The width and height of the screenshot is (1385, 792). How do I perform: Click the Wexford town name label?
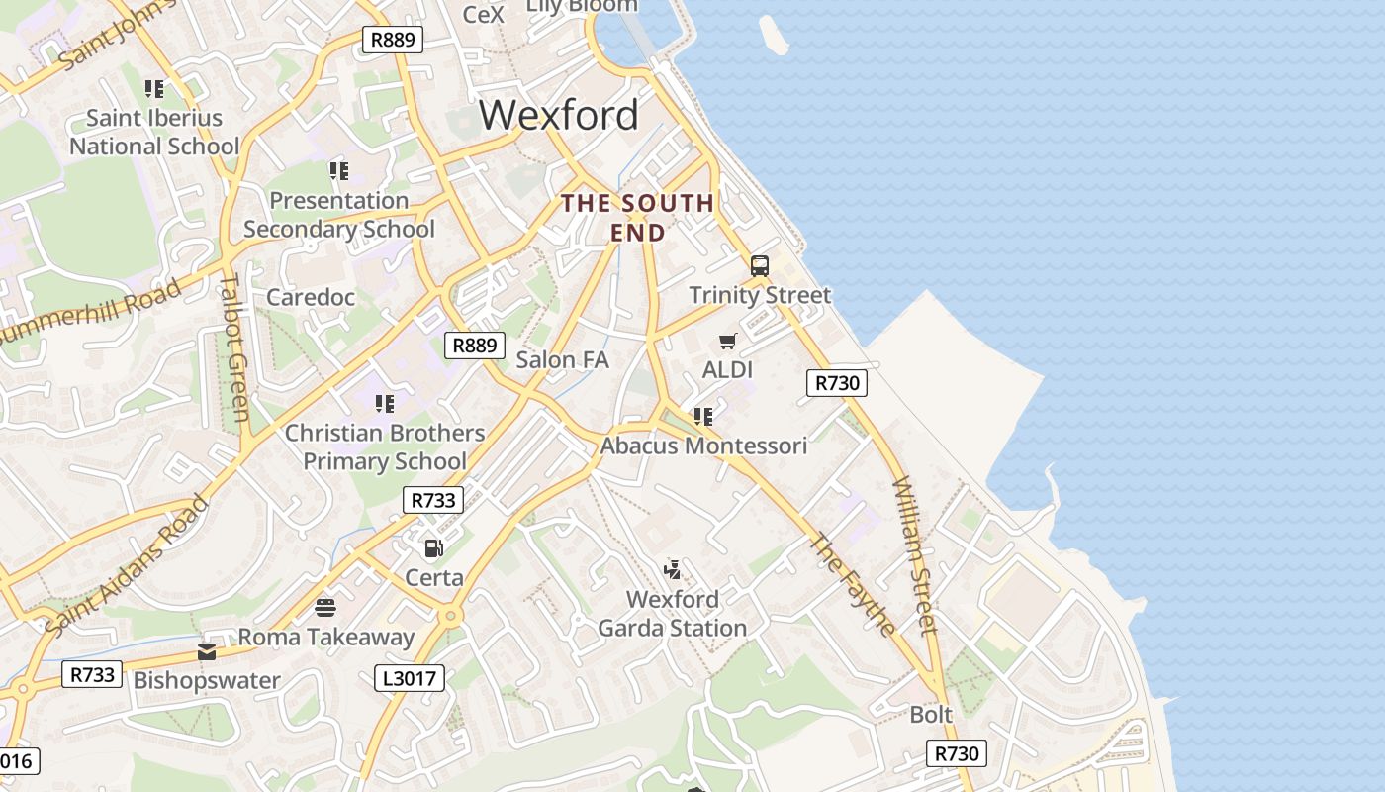coord(559,115)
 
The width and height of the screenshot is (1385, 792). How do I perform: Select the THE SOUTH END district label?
coord(637,218)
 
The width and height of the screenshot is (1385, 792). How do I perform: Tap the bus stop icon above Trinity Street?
coord(760,266)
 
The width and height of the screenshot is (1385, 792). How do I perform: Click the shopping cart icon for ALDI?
coord(728,342)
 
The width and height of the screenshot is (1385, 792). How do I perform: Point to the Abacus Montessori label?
coord(703,445)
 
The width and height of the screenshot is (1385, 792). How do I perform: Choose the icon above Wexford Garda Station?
coord(673,569)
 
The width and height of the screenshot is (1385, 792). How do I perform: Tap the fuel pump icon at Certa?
coord(433,547)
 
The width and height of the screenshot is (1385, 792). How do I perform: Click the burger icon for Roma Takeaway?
coord(325,607)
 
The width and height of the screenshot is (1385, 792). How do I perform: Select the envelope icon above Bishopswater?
coord(207,651)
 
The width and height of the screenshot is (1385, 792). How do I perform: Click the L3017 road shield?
coord(411,678)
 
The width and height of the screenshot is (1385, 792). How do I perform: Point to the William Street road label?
coord(914,554)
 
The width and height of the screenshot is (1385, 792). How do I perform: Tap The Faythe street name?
coord(853,584)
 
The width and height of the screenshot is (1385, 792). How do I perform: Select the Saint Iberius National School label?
coord(154,132)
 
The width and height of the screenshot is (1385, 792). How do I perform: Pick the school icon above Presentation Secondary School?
coord(339,171)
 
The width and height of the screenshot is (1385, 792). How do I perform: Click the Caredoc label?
coord(311,297)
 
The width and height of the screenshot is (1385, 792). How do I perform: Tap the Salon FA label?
coord(562,359)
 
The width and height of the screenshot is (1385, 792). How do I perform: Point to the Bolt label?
coord(931,714)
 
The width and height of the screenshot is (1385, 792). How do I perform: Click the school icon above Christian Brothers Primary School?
coord(385,404)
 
